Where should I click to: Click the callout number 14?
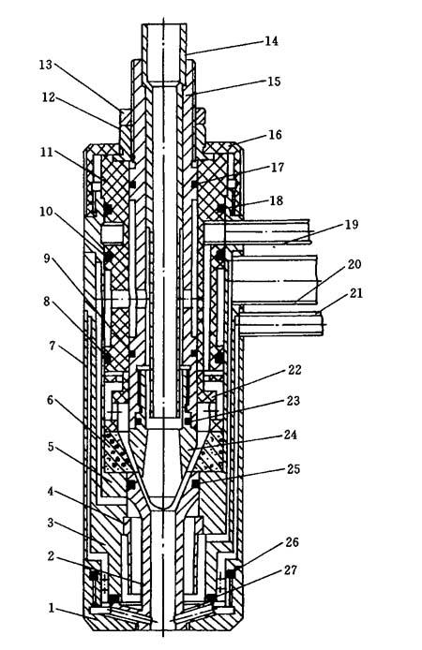271,41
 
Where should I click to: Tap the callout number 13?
47,65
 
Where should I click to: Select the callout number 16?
275,135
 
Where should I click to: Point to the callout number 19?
351,224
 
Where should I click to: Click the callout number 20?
354,264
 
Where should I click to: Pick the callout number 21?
356,293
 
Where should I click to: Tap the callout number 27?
291,570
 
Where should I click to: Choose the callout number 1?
52,608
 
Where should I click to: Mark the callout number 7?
52,345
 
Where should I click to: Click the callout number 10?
47,212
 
